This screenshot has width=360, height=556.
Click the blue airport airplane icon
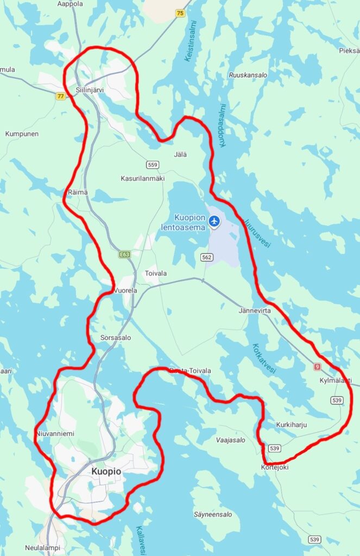coord(214,220)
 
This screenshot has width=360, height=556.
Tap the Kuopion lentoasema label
coord(183,223)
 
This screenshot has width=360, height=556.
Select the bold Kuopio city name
coord(106,472)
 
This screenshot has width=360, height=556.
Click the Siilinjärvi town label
coord(90,90)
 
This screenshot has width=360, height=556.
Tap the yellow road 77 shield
coord(60,96)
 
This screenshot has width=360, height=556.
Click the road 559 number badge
coord(152,165)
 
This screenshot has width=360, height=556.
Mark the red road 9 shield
coord(317,367)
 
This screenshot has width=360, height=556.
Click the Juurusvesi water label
coord(257,233)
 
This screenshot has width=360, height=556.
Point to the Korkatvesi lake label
coord(264,358)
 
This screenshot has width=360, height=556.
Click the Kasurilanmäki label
coord(142,178)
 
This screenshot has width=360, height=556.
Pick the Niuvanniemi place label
coord(55,433)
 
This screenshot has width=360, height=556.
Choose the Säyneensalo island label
coord(213,514)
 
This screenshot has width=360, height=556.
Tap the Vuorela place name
coord(125,290)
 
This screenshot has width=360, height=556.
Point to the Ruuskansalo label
coord(248,75)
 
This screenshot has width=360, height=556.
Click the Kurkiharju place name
coord(292,425)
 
